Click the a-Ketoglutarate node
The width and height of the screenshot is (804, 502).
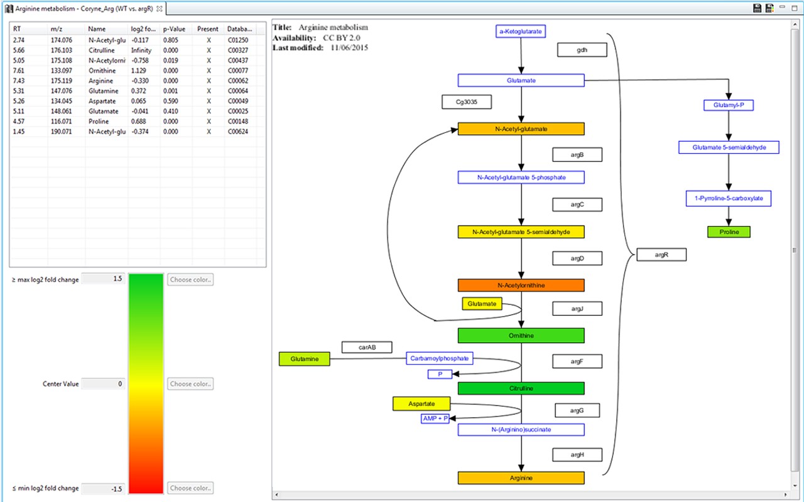(x=520, y=31)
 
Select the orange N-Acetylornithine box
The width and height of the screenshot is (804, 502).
(x=521, y=286)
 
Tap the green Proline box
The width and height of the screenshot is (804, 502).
(x=729, y=232)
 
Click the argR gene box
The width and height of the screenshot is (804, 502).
(x=661, y=255)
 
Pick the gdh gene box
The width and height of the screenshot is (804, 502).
(x=582, y=50)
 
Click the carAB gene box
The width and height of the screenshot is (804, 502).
(x=367, y=347)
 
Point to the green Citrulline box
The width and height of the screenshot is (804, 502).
(x=521, y=388)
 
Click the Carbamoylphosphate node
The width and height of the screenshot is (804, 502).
(x=439, y=358)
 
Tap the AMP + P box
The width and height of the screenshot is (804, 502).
(x=435, y=419)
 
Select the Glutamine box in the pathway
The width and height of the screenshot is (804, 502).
(x=304, y=359)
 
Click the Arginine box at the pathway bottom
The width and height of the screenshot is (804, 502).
(x=521, y=478)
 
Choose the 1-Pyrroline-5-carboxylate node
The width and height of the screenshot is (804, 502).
(x=729, y=199)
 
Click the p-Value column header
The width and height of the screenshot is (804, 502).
(x=173, y=29)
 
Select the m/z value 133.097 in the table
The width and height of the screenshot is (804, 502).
(x=61, y=71)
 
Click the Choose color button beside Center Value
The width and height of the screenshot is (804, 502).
(x=190, y=383)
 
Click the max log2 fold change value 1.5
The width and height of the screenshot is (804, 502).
(x=104, y=279)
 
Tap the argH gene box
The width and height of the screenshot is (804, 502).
(x=577, y=455)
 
